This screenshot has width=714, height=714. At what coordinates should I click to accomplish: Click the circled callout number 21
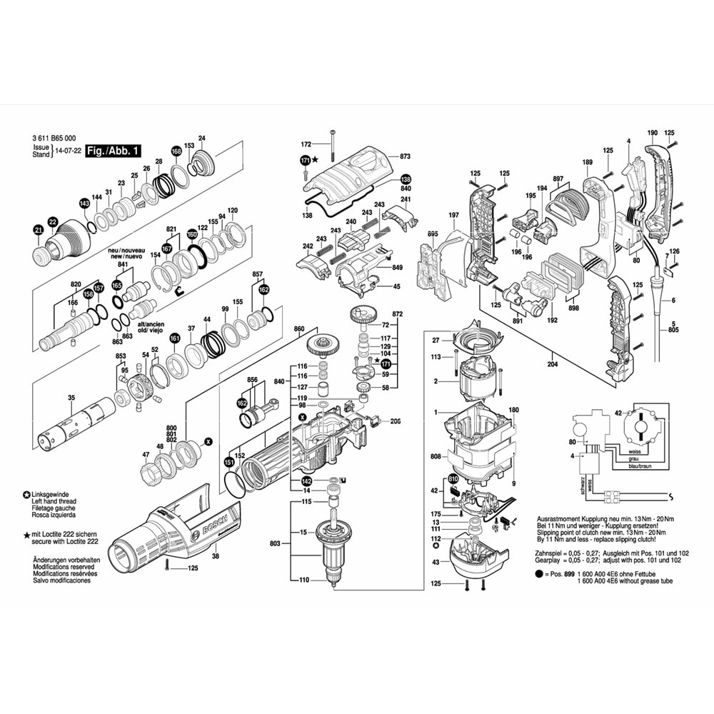click(x=39, y=229)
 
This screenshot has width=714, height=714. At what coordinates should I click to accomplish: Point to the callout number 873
click(x=405, y=156)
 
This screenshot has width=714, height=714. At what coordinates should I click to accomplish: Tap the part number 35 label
click(x=71, y=398)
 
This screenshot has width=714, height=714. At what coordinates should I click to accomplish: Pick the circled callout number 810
click(x=453, y=478)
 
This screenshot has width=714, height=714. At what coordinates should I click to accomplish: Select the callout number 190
click(x=652, y=133)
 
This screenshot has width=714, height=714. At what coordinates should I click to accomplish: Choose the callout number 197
click(x=453, y=216)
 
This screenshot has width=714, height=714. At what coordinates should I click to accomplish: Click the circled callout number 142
click(x=306, y=481)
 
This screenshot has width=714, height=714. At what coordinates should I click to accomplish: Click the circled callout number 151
click(x=229, y=462)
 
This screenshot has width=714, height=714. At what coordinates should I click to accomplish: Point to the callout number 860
click(x=299, y=329)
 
